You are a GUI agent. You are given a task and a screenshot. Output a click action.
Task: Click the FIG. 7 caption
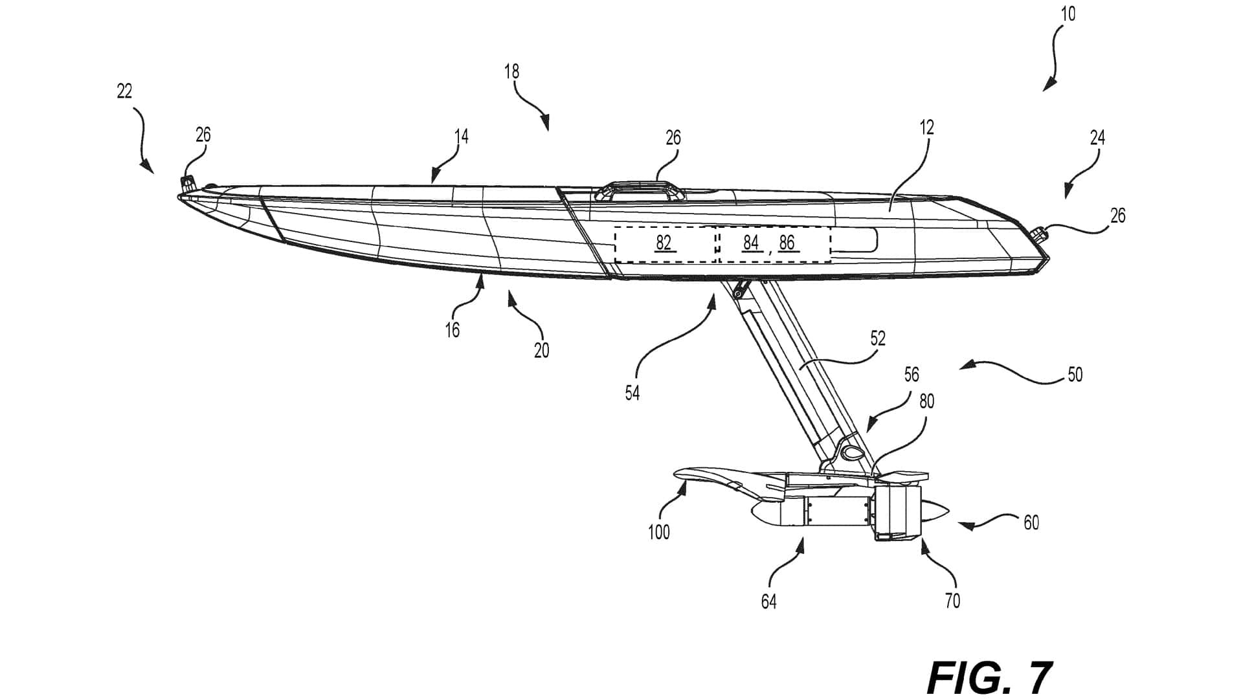coord(989,678)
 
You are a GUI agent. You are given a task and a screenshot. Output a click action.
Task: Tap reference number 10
coord(1068,14)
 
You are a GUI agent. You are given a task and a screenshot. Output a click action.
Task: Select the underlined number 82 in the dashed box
coord(663,243)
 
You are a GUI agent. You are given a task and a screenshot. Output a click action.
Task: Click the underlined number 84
coord(750,243)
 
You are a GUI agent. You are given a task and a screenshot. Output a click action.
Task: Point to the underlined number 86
coord(787,243)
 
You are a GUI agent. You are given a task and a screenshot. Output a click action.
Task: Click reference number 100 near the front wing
coord(658,533)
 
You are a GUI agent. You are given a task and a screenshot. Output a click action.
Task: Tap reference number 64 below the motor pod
coord(768,602)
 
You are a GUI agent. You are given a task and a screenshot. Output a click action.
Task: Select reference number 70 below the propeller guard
coord(952,601)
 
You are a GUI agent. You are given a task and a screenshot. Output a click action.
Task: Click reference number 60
coord(1031,522)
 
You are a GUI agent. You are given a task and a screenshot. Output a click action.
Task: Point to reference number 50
coord(1075,375)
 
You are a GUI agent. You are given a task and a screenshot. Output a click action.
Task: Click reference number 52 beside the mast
coord(878,338)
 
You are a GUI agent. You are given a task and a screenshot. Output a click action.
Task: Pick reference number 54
coord(632,393)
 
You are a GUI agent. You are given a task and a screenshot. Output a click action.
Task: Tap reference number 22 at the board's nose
coord(124,91)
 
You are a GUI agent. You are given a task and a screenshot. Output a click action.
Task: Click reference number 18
coord(511,71)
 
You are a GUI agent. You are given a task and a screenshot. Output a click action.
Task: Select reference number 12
coord(927,128)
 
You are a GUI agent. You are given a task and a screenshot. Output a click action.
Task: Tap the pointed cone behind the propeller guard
coord(935,511)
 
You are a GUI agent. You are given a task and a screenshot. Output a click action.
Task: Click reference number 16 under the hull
coord(452,330)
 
